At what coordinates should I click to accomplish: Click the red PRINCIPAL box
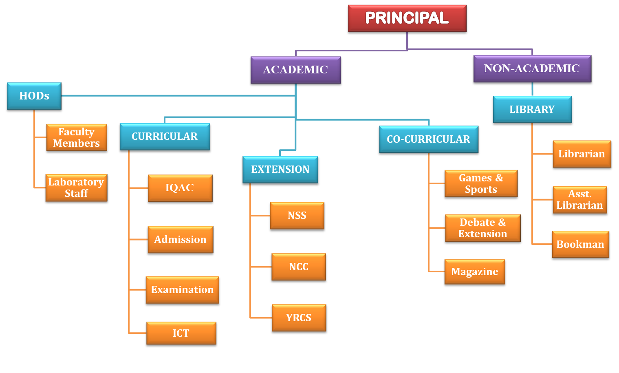407,18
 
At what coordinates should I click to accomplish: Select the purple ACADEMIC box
295,70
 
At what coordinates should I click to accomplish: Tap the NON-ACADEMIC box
532,68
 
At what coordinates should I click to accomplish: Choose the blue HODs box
34,96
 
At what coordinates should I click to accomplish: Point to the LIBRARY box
532,109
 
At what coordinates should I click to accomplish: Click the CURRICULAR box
165,136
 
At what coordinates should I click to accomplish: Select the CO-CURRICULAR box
428,139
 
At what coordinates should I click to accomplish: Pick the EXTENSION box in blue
280,169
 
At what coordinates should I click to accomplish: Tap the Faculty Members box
77,137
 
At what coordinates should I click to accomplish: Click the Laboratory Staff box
76,188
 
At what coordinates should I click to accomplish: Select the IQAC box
180,188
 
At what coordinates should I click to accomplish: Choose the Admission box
180,239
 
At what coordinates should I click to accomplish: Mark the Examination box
182,289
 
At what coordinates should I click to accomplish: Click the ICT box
181,333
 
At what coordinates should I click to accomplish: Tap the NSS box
297,215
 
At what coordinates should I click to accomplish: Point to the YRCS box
299,318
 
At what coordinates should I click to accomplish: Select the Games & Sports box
481,183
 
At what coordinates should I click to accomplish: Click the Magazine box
474,271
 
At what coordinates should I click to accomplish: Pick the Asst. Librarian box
579,199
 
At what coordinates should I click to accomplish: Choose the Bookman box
580,244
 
